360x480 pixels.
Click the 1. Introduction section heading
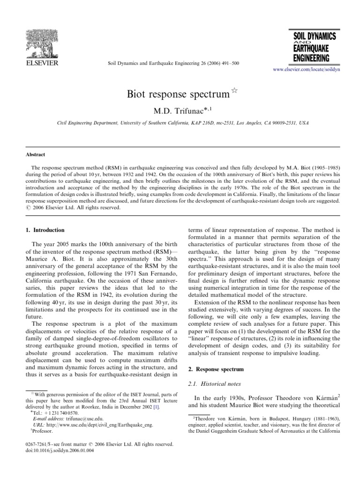[x=45, y=230]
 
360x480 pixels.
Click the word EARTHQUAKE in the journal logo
[x=311, y=49]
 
